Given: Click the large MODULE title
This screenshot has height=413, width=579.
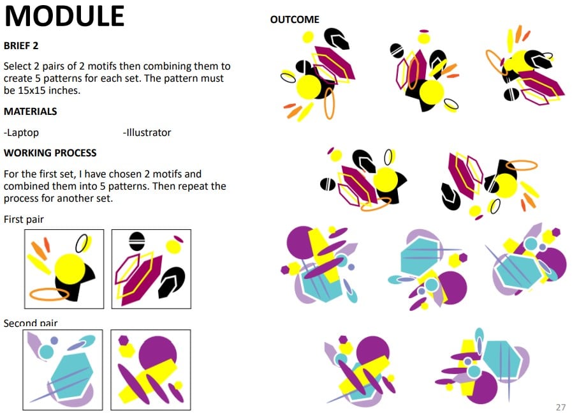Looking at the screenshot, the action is click(x=64, y=16).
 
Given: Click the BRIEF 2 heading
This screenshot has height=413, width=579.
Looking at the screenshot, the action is click(x=21, y=46).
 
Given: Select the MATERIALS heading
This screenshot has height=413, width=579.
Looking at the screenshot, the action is click(x=30, y=111).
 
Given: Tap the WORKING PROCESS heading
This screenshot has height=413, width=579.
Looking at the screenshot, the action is click(x=50, y=153).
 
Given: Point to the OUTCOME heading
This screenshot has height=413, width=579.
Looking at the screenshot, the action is click(x=295, y=20).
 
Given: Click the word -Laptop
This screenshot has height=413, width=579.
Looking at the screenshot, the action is click(x=21, y=133).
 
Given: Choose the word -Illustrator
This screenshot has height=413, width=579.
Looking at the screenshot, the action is click(x=147, y=132).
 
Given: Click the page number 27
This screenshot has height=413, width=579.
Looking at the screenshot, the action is click(x=561, y=407).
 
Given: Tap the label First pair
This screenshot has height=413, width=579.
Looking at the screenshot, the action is click(x=24, y=219).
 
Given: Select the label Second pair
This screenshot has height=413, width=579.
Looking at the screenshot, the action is click(x=31, y=323).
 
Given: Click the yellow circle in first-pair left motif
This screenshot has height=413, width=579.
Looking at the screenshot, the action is click(x=70, y=269).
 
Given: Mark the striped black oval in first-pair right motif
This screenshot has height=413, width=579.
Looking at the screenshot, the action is click(x=136, y=241).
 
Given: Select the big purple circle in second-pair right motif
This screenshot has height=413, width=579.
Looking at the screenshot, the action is click(x=158, y=353).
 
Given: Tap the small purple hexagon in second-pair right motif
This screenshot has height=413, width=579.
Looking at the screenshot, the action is click(x=123, y=340).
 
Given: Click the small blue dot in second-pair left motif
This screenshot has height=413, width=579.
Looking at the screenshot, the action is click(x=54, y=340).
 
